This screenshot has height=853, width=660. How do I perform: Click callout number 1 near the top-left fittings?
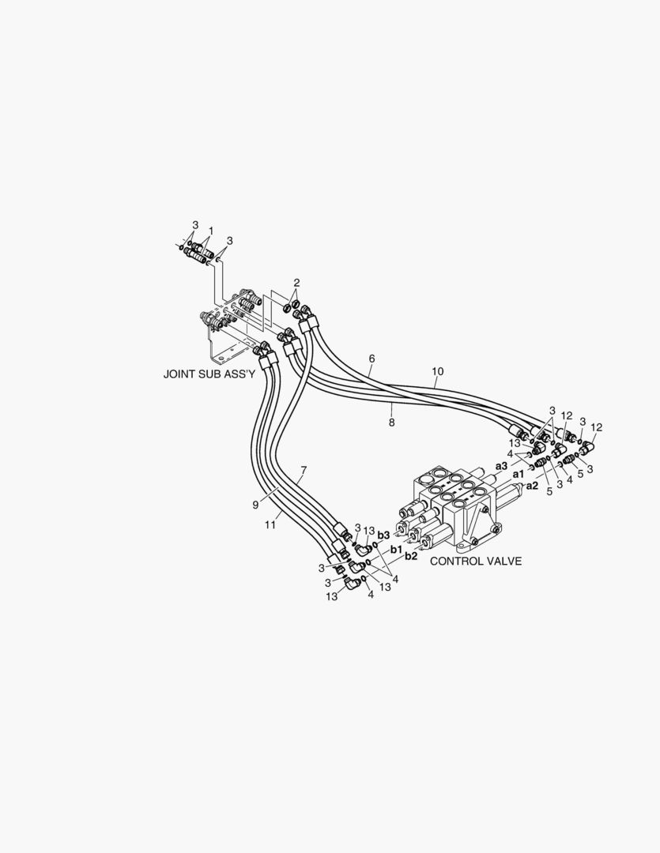pos(211,231)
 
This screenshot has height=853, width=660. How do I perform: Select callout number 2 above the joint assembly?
pos(296,283)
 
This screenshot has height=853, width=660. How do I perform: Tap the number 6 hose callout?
pos(372,359)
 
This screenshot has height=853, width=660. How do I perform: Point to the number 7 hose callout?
pos(304,469)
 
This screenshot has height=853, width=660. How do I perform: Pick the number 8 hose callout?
pos(391,422)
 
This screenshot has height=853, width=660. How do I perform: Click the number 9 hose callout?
pos(255,505)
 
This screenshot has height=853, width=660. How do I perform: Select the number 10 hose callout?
pos(438,371)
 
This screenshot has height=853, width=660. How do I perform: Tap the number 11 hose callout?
pos(270,525)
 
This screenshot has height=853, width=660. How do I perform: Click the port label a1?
pos(519,475)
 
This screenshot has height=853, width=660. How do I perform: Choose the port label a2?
pos(532,486)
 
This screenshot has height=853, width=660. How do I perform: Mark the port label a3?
pos(502,466)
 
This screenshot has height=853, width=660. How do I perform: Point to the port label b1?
pos(396,550)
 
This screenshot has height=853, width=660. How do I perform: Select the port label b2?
pos(410,557)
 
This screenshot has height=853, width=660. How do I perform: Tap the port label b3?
pos(383,535)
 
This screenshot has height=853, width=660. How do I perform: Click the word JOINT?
pos(178,375)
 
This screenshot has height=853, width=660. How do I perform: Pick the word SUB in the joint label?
pos(206,375)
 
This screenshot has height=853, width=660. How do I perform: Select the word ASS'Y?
pos(237,375)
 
